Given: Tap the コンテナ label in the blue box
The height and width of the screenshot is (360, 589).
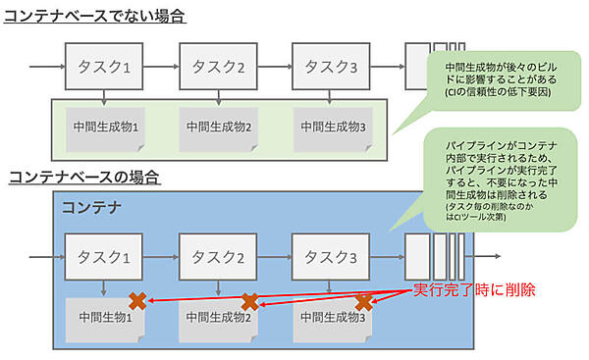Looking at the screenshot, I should coord(91,208).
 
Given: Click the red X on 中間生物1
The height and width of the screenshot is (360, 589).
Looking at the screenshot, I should coord(137,302).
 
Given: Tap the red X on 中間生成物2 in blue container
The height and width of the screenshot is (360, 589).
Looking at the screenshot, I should coord(250,302).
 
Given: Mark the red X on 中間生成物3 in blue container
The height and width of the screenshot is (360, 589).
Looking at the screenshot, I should coord(364,302).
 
